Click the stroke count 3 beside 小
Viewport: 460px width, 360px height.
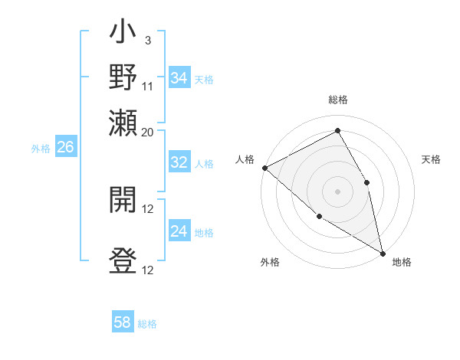click(147, 40)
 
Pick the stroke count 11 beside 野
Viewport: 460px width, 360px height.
click(148, 86)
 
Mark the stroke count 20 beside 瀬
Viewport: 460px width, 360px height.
click(148, 132)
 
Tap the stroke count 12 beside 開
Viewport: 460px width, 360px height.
click(148, 208)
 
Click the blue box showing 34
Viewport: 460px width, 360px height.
click(179, 78)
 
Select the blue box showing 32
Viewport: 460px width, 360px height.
click(179, 163)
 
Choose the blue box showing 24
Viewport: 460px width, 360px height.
click(179, 231)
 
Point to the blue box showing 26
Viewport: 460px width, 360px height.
click(65, 148)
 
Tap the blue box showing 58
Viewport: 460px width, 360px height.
click(123, 322)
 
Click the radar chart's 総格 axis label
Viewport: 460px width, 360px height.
click(338, 100)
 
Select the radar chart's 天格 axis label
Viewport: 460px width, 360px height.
click(431, 159)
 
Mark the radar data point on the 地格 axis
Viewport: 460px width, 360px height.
click(383, 253)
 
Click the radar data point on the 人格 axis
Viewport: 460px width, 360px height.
click(264, 167)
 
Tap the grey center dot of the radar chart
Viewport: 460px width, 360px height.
click(338, 191)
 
